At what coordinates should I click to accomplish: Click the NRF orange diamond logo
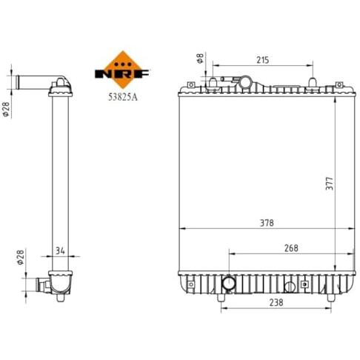coord(122,70)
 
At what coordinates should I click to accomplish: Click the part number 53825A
coord(123,97)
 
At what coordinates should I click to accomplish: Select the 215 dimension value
coord(262,60)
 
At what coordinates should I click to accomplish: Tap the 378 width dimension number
coord(267,223)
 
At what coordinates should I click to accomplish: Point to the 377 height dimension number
coord(330,184)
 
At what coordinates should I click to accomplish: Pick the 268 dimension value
coord(291,248)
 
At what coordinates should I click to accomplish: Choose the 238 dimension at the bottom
coord(276,302)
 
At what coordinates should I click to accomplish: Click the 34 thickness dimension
coord(60,251)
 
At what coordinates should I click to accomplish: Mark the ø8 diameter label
coord(200,58)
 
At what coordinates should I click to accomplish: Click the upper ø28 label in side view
coord(6,109)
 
